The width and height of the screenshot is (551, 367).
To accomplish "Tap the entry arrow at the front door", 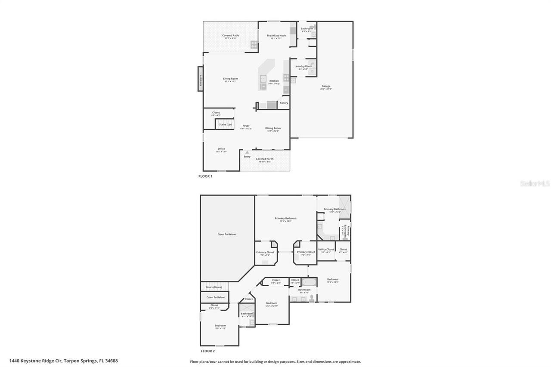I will point(247,152).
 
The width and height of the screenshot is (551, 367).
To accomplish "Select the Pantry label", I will point(284,103).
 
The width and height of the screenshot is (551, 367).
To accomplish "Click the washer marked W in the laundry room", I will point(313,64).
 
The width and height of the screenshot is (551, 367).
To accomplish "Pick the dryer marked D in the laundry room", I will point(313,71).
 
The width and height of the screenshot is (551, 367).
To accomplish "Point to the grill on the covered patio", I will point(254,44).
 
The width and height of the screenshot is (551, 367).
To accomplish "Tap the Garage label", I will point(326,86).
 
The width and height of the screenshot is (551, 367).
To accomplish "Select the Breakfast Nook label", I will point(276,36).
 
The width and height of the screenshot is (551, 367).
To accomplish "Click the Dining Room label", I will point(273,128).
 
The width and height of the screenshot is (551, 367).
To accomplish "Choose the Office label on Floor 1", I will point(221,149).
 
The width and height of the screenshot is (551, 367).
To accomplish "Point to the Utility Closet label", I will point(326,250).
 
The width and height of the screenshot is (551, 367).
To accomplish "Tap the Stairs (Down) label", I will point(214,287).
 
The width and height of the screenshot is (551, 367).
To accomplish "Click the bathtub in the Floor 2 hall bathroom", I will point(309,283).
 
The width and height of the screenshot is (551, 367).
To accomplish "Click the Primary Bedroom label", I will point(286,219).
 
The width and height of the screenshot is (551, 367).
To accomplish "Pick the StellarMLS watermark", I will point(535,184).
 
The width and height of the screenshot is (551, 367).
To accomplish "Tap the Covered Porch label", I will point(265,159).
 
